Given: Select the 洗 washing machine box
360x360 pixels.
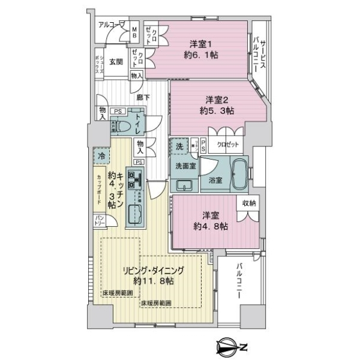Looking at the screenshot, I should click(x=178, y=146).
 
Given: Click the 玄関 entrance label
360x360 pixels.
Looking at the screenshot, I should click(x=116, y=62).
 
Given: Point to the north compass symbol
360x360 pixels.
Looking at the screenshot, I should click(x=229, y=346).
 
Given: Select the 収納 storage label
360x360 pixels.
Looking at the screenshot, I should click(x=250, y=203).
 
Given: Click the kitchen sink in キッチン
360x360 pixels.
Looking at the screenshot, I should click(x=134, y=213).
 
